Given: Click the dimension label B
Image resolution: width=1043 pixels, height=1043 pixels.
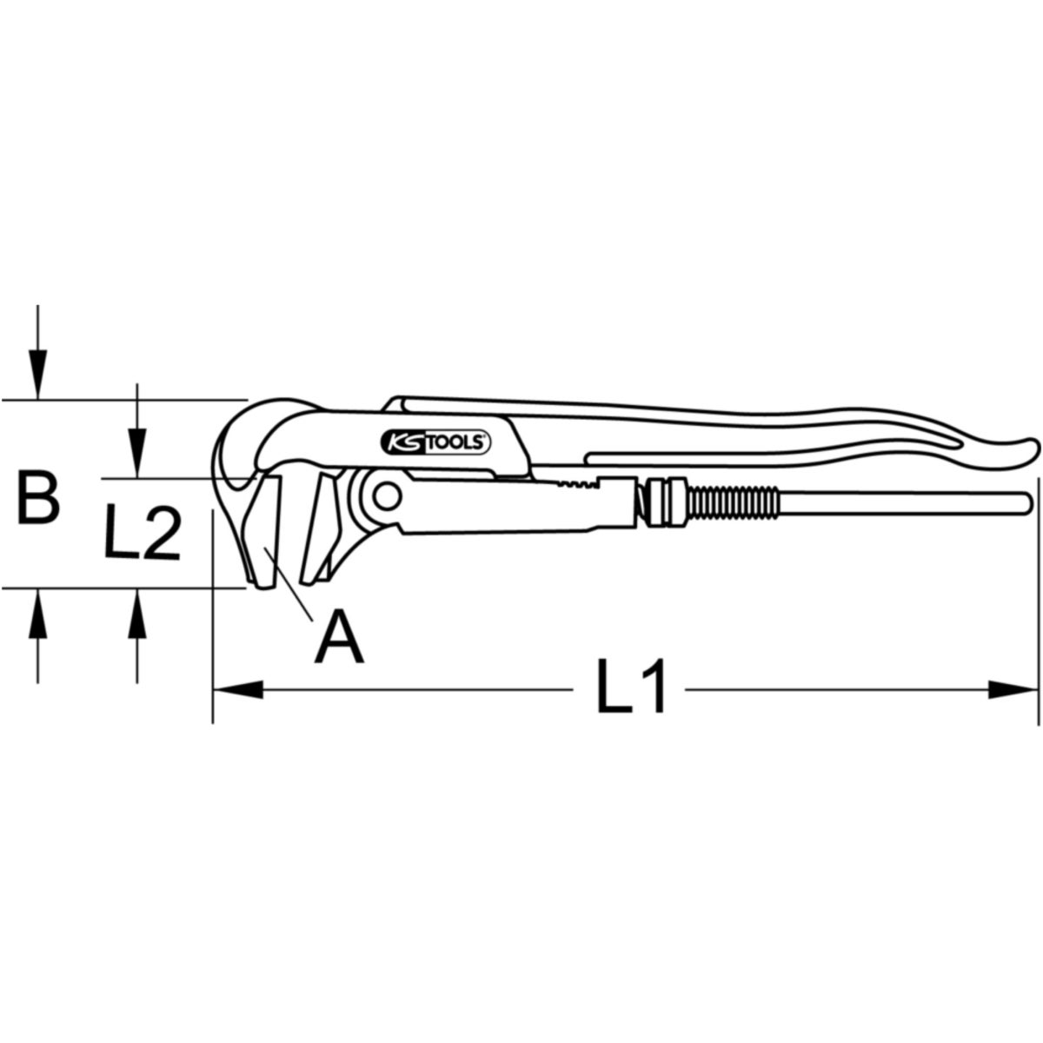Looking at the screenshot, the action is coord(38,497).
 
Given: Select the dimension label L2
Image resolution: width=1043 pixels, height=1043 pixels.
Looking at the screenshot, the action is coord(142,531).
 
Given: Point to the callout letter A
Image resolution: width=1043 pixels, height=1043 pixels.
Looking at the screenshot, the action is coord(339,636).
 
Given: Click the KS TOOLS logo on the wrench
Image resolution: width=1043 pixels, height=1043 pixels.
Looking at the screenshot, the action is coord(435,443).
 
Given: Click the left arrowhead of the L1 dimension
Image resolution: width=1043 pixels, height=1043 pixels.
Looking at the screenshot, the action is coord(238,690).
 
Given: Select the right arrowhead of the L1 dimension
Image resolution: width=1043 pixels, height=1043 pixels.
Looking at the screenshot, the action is coord(1013,690).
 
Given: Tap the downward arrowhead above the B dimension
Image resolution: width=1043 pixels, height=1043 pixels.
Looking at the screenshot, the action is coord(37,375).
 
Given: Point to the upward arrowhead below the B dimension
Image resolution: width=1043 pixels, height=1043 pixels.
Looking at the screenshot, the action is coord(37,614).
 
